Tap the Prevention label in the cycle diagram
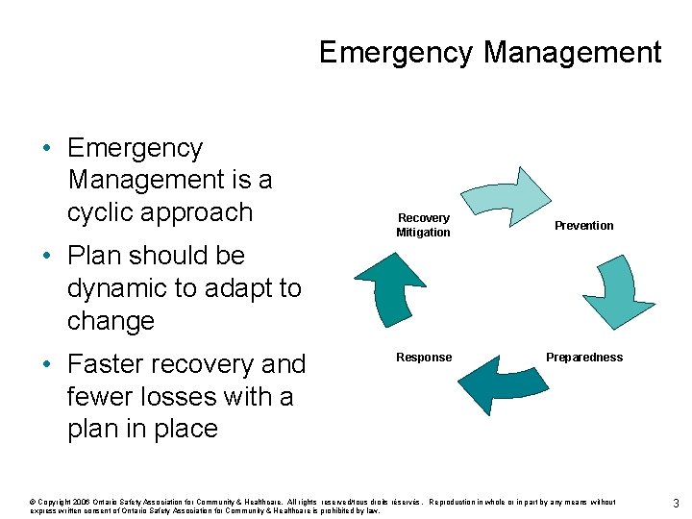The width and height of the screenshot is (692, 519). click(x=583, y=226)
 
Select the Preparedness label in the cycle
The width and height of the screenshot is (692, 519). click(x=583, y=358)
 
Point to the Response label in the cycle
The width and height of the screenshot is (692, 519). click(x=424, y=358)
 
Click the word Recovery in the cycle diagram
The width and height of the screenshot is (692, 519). click(x=423, y=218)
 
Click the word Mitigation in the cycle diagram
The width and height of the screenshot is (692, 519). click(x=423, y=233)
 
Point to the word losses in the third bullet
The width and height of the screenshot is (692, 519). click(x=180, y=396)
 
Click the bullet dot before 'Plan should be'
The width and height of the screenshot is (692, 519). click(x=46, y=257)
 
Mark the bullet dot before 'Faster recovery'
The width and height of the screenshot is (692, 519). click(x=46, y=365)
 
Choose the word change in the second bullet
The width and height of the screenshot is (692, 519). click(x=111, y=321)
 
